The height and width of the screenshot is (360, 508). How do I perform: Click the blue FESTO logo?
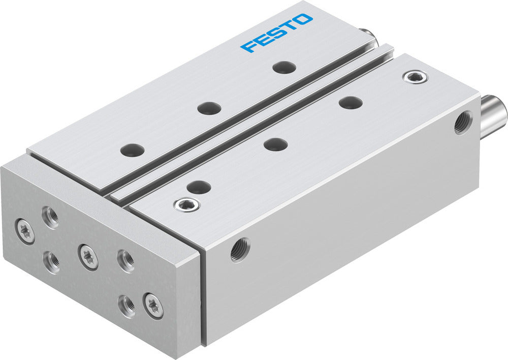(277, 33)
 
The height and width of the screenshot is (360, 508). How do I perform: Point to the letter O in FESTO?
(304, 20)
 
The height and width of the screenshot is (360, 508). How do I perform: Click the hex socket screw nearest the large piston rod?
(415, 77)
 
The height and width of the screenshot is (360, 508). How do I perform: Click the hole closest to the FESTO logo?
(284, 67)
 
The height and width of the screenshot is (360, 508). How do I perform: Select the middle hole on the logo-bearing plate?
(209, 108)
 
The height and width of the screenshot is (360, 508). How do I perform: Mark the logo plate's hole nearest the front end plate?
(133, 150)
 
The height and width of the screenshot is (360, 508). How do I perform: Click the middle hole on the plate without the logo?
(276, 144)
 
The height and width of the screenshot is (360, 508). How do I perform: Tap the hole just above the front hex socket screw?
(199, 187)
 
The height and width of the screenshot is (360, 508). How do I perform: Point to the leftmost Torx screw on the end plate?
(25, 231)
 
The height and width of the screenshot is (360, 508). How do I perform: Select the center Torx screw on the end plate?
(88, 256)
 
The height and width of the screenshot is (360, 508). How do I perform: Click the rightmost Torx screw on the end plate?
(153, 306)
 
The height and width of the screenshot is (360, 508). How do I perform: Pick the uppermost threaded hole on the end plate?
(50, 217)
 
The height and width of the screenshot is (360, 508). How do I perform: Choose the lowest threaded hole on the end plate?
(126, 306)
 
